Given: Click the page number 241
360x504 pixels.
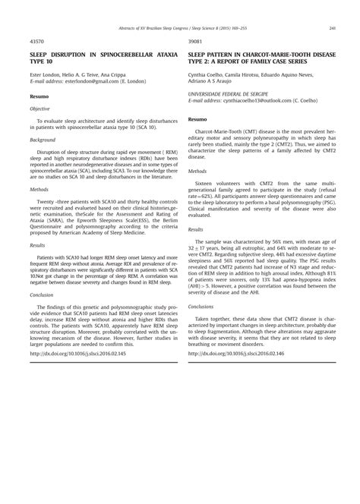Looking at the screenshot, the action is pos(333,29).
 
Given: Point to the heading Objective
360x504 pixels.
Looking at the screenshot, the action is pos(39,109).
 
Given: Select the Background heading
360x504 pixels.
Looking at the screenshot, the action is pos(43,140).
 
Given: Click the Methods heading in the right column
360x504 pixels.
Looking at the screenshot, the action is pos(200,172).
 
